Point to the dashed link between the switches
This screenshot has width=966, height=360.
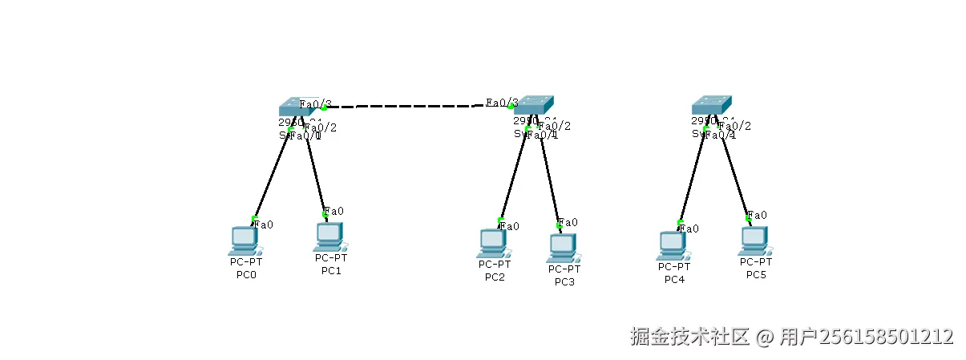click(417, 105)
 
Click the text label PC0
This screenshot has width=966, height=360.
click(246, 275)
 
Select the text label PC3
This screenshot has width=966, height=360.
click(564, 281)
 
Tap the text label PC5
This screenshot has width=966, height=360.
click(756, 274)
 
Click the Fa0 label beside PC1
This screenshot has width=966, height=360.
click(334, 212)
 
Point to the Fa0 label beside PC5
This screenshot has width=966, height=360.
click(758, 215)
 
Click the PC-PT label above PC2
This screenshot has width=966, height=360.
click(494, 264)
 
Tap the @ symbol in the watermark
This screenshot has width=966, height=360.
click(766, 337)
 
